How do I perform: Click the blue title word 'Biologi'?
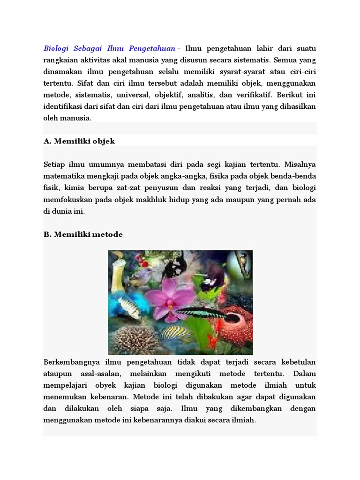(56, 48)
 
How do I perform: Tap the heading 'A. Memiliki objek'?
(79, 141)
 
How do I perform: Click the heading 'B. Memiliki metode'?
(83, 234)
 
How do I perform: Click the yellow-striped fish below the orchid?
(177, 333)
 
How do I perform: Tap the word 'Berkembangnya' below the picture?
(71, 362)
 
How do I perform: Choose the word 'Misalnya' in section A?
(300, 165)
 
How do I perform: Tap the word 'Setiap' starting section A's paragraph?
(54, 165)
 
